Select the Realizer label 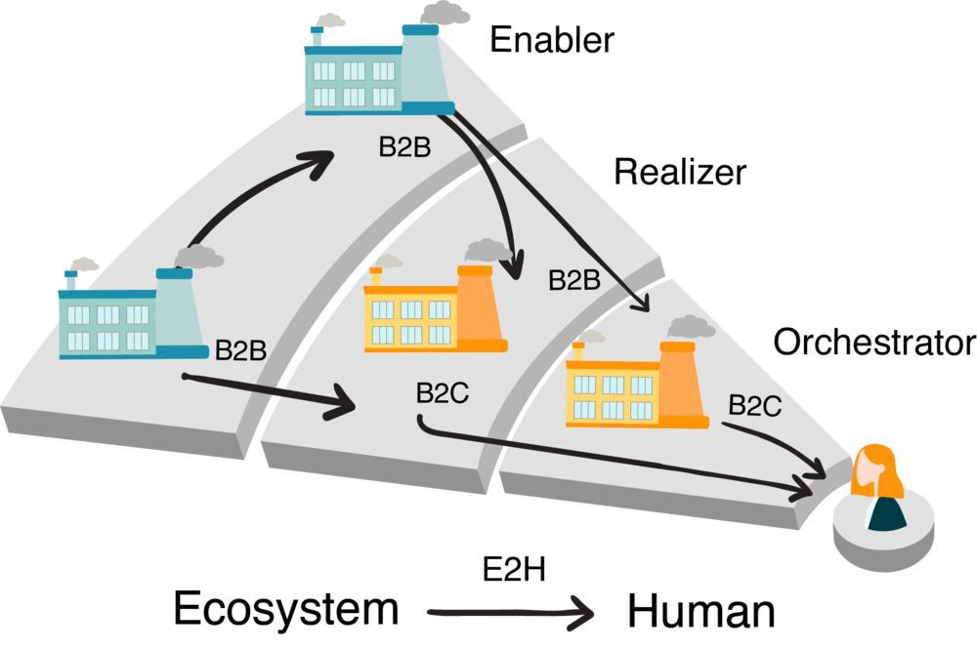(x=679, y=173)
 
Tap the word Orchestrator (x=873, y=343)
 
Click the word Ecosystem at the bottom (x=286, y=610)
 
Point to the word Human (x=701, y=612)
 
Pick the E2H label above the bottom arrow (x=506, y=570)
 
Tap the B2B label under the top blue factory (x=404, y=147)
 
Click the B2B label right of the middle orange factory (x=573, y=281)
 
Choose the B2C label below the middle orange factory (x=443, y=393)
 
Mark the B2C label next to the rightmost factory (x=755, y=406)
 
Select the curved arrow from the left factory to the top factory (x=254, y=190)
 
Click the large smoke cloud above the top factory (x=445, y=13)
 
